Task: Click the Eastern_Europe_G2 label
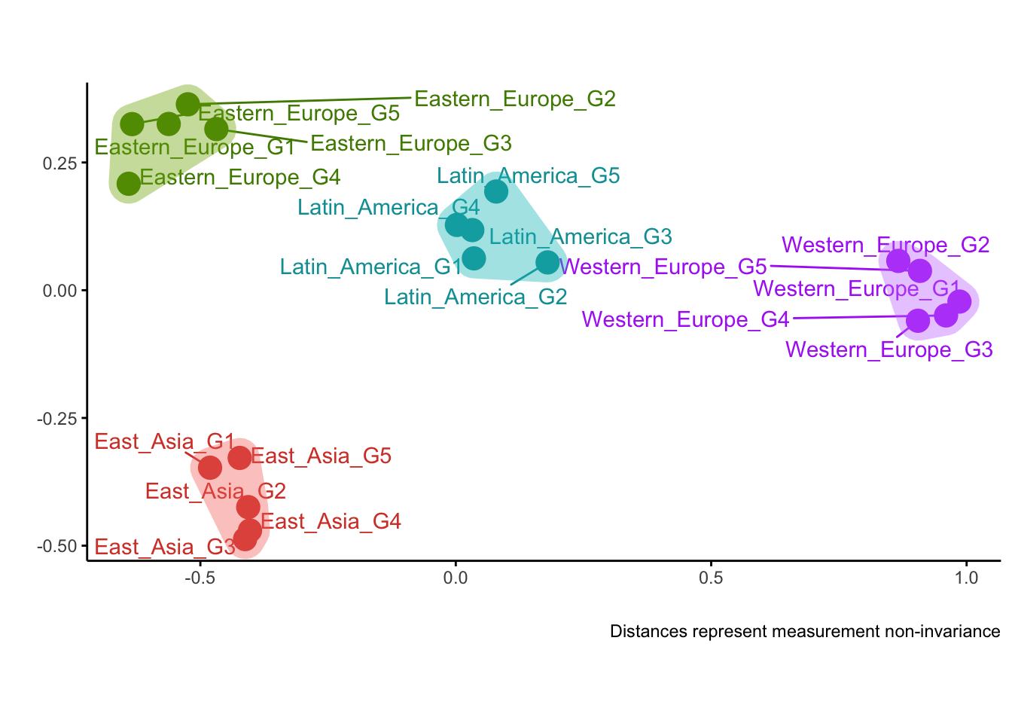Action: point(515,99)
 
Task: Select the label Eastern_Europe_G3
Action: point(411,143)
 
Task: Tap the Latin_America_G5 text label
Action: point(529,175)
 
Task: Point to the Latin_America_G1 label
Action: point(370,267)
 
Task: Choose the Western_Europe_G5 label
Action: point(663,267)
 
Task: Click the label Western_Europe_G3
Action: point(889,349)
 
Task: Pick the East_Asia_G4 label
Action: point(331,521)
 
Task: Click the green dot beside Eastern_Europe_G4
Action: point(129,183)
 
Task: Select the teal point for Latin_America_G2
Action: point(547,262)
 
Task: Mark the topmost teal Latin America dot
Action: point(495,191)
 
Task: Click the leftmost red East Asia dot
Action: point(210,468)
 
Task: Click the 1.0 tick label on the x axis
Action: point(966,578)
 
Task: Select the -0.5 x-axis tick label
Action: point(200,578)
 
